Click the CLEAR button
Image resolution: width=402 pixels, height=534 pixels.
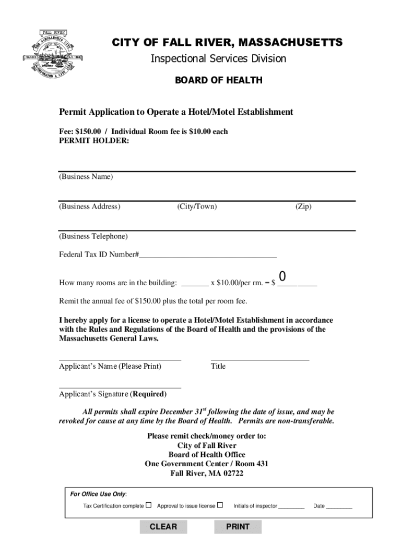pyautogui.click(x=163, y=527)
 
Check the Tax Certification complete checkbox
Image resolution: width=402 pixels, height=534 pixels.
pyautogui.click(x=149, y=505)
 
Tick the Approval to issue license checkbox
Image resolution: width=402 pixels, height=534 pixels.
pyautogui.click(x=220, y=505)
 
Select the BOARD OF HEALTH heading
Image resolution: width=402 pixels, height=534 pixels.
pyautogui.click(x=218, y=80)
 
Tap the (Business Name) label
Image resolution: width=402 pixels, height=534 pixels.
pyautogui.click(x=86, y=177)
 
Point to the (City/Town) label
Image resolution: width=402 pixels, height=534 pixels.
pyautogui.click(x=197, y=207)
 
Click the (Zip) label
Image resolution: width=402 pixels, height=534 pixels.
pyautogui.click(x=303, y=207)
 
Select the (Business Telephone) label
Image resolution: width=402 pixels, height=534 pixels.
pyautogui.click(x=93, y=236)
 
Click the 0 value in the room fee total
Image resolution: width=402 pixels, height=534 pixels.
pyautogui.click(x=282, y=276)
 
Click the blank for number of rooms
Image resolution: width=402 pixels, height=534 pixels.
pyautogui.click(x=195, y=284)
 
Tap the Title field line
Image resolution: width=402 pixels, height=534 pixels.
pyautogui.click(x=259, y=358)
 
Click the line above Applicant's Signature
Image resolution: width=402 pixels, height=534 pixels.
pyautogui.click(x=120, y=386)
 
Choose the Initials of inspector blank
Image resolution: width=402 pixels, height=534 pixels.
pyautogui.click(x=291, y=506)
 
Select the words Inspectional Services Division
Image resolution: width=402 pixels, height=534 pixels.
pyautogui.click(x=218, y=59)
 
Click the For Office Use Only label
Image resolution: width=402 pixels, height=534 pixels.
pyautogui.click(x=98, y=494)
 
